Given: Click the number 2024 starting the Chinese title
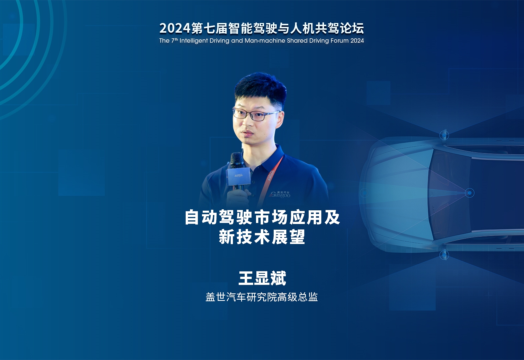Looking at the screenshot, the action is point(175,28).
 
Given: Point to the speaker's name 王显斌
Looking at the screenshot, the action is point(262,278).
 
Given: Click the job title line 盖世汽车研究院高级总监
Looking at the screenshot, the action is point(262,297).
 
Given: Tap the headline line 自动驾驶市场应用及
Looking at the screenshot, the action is point(262,217).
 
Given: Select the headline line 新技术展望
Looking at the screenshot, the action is point(262,237).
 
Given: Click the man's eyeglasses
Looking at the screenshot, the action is point(256,114).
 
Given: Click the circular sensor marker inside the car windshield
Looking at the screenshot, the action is point(469,193).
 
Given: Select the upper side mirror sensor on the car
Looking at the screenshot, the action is point(444,135).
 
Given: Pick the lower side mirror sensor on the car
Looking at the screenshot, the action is point(444,255).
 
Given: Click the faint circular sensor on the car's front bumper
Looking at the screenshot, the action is point(364,193).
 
